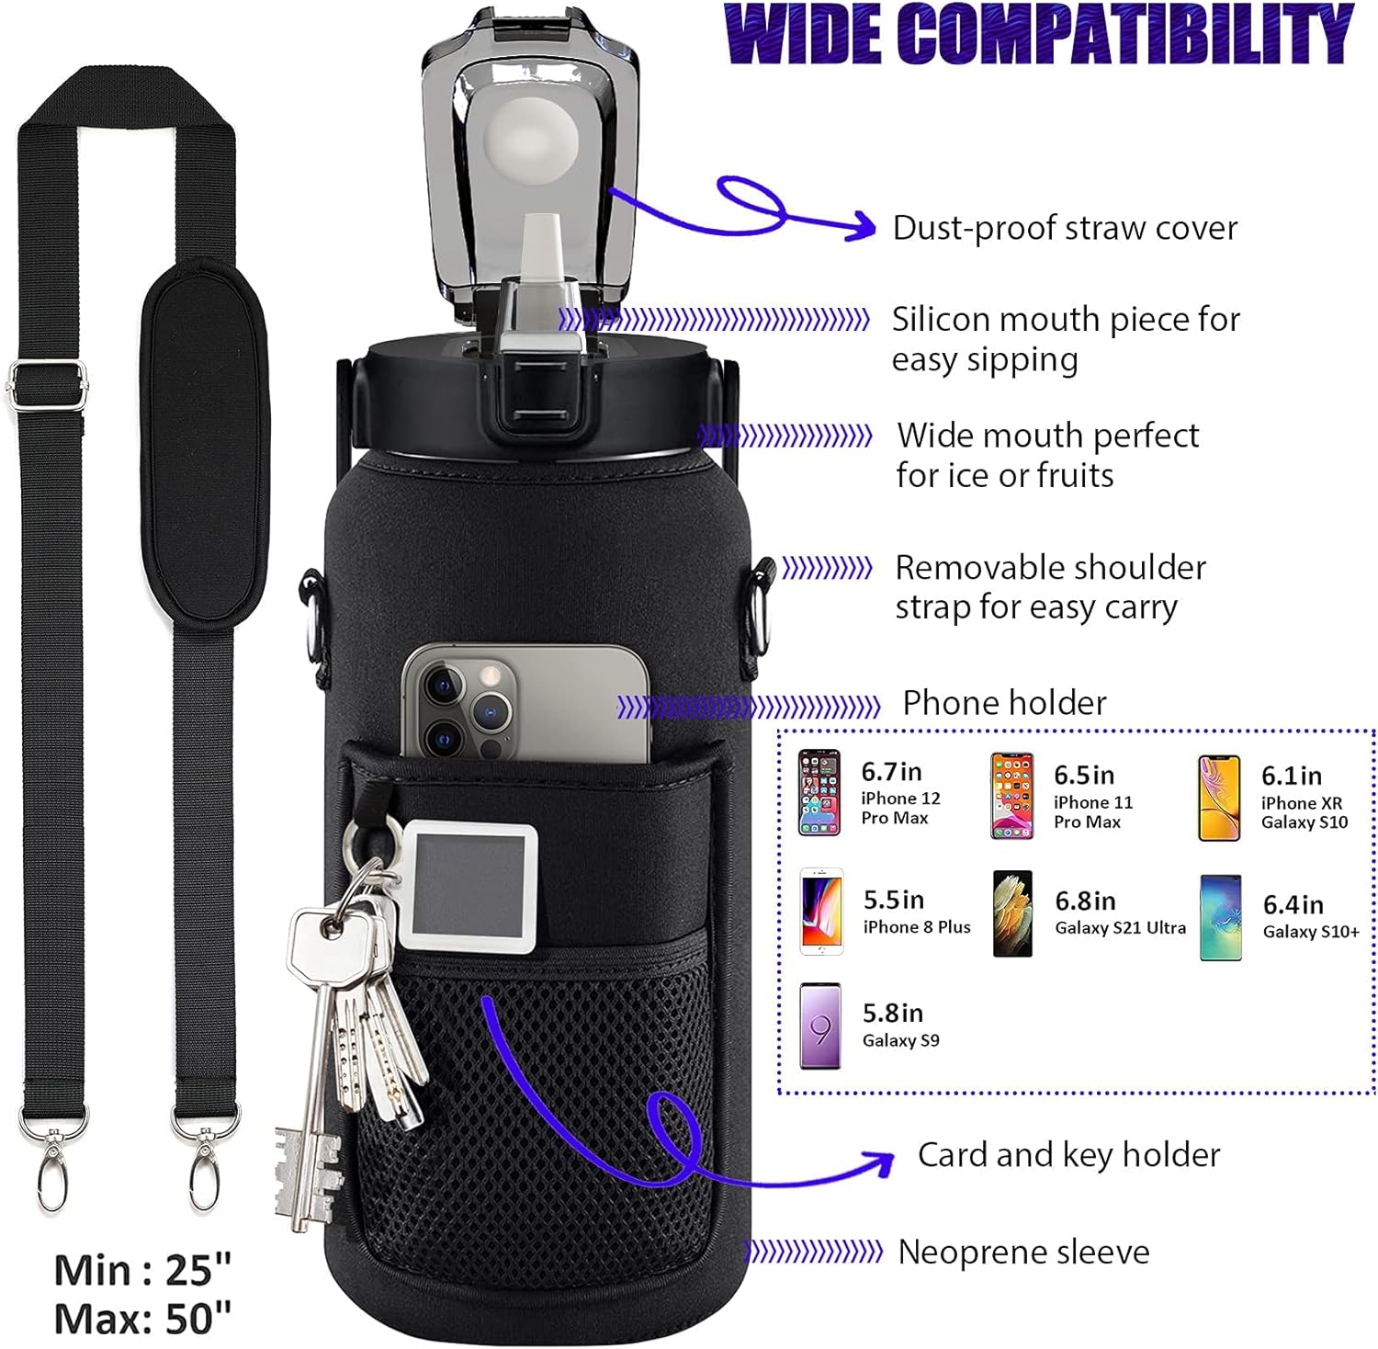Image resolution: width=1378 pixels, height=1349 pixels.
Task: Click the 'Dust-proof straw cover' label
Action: (1065, 228)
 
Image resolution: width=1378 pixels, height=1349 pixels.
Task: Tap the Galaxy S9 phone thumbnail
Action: (819, 1026)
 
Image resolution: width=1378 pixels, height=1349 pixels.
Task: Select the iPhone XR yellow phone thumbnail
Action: (1219, 798)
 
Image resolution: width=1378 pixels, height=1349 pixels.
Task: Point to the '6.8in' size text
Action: (1085, 901)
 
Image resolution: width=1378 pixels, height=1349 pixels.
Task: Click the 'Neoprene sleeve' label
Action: (1023, 1252)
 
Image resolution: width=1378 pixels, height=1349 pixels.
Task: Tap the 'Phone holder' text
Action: (1004, 703)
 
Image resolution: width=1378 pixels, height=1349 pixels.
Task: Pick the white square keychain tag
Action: (469, 886)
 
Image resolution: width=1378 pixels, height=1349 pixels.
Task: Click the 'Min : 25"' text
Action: (142, 1271)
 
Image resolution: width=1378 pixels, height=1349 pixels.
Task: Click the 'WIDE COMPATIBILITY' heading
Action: (1038, 34)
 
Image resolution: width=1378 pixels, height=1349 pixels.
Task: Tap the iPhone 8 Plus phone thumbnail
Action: (821, 912)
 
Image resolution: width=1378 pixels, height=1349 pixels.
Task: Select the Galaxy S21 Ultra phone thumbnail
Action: (1012, 913)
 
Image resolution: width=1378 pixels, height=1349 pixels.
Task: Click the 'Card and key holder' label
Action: (1068, 1155)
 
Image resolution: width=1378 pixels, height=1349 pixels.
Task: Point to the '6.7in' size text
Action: (891, 771)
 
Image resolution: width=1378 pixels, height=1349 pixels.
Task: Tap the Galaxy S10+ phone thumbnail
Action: (1221, 917)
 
